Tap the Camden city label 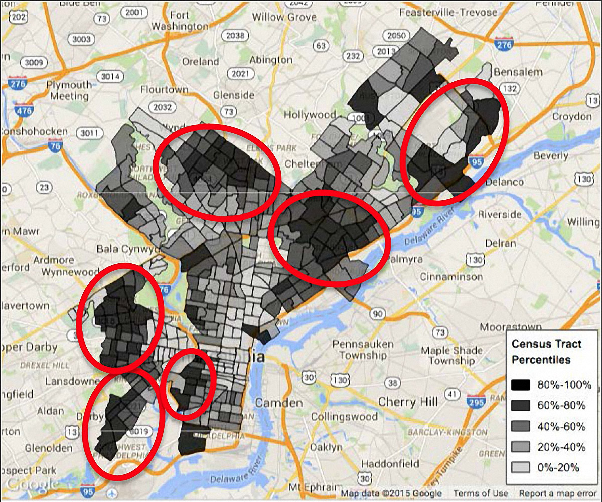tap(279, 403)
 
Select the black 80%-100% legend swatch tap(521, 385)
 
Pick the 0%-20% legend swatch tap(521, 467)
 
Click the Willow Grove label tap(284, 17)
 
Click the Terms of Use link tap(481, 493)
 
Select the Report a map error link tap(557, 493)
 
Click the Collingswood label tap(344, 417)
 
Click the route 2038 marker tap(234, 35)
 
